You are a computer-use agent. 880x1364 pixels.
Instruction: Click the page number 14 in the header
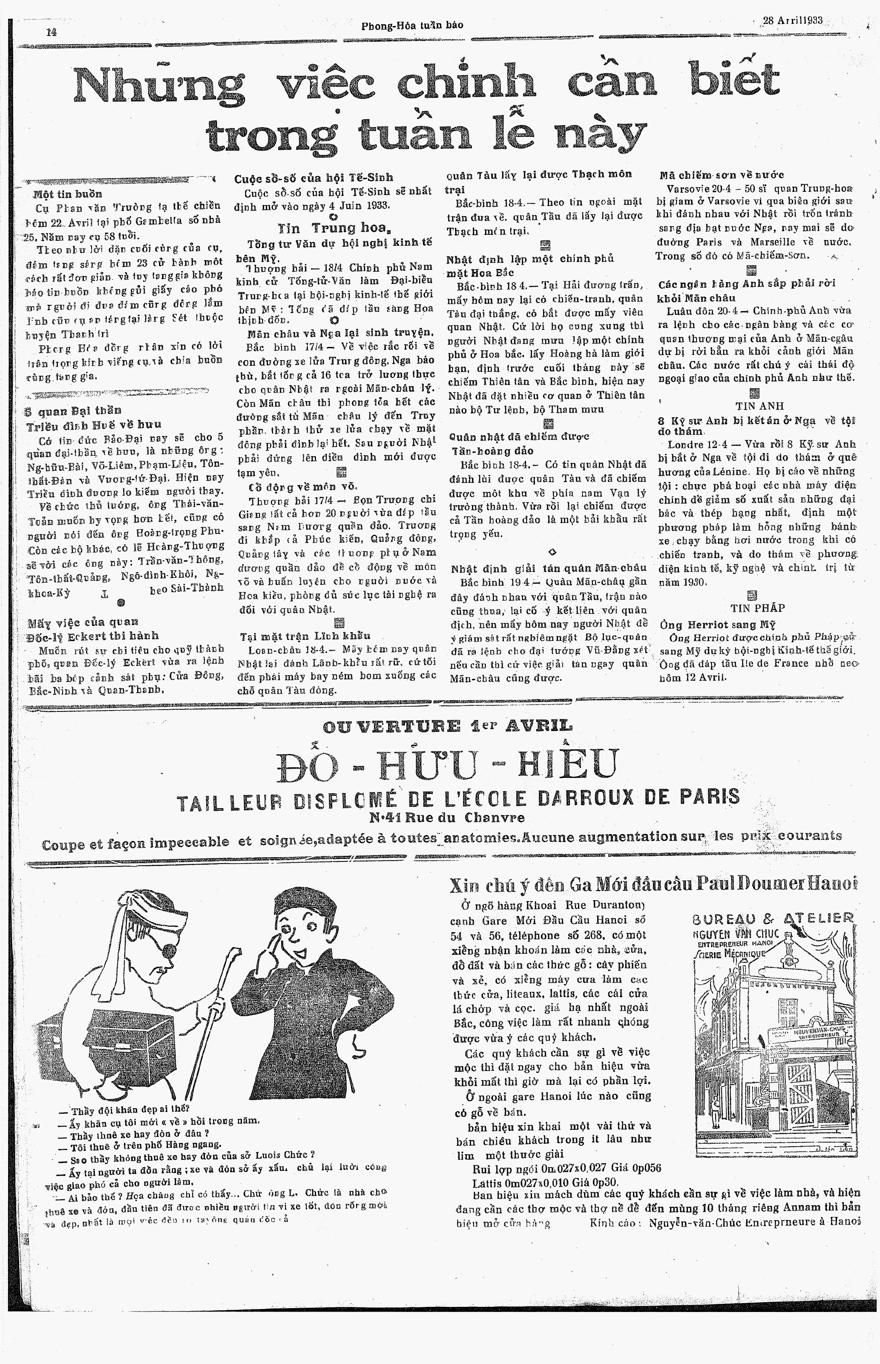pos(52,32)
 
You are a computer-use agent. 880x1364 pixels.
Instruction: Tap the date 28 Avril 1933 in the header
pos(793,20)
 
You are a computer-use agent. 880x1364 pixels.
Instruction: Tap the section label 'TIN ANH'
pos(759,406)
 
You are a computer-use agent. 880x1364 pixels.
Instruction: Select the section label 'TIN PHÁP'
pos(758,608)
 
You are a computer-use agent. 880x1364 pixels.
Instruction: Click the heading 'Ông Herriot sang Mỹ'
pos(717,624)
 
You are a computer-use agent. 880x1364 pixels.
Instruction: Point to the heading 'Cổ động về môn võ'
pos(303,487)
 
